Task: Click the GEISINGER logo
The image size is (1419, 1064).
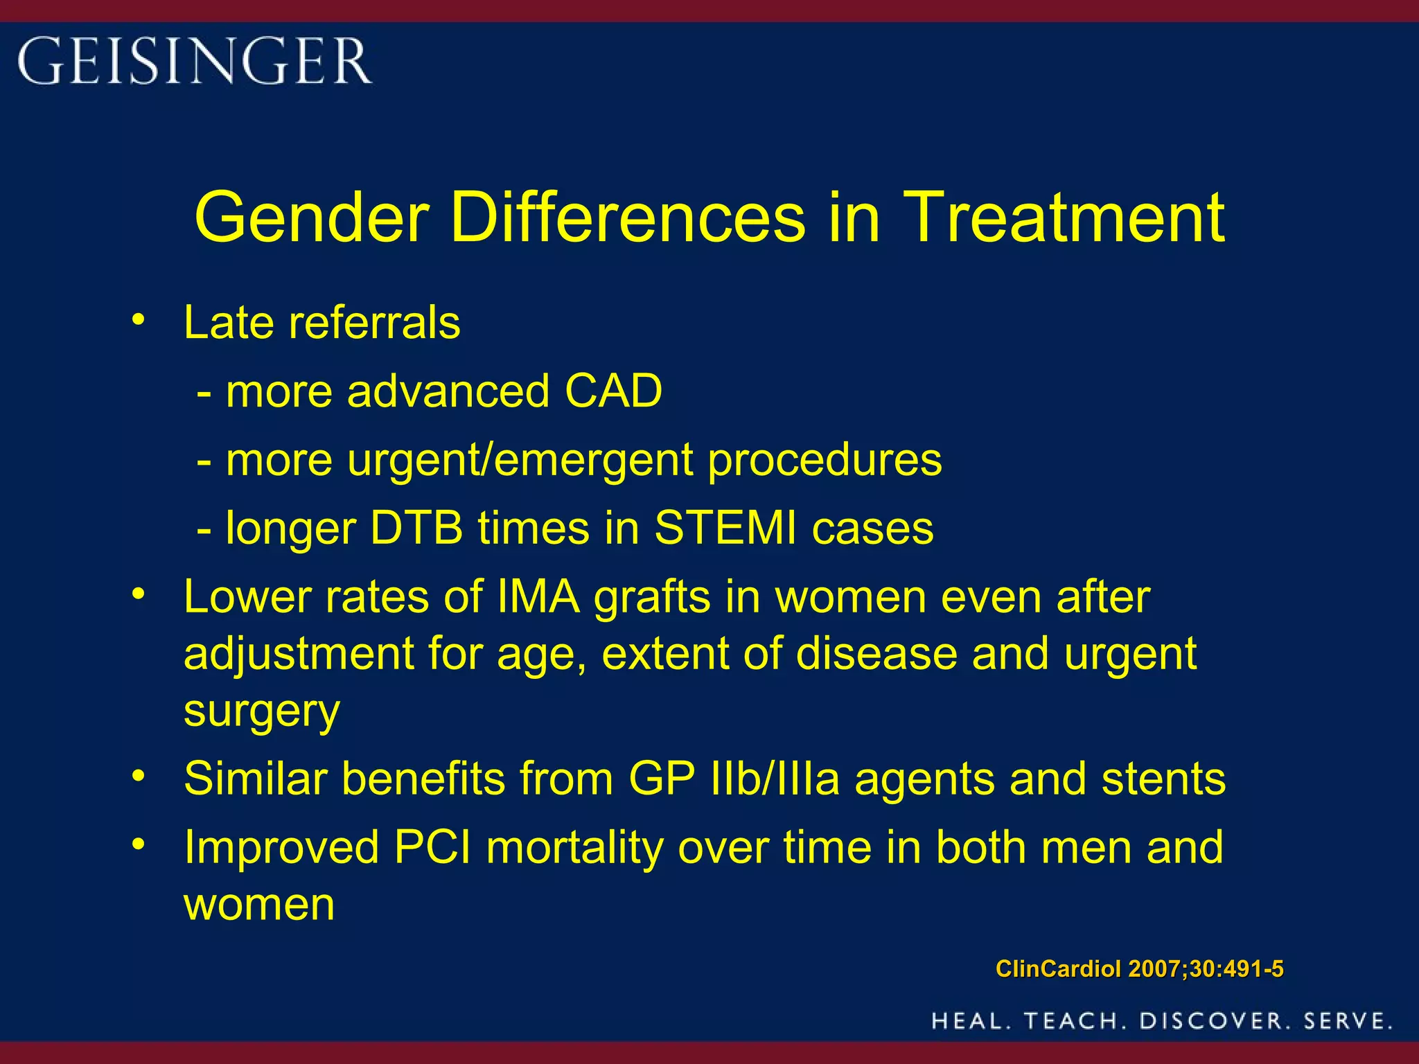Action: (194, 61)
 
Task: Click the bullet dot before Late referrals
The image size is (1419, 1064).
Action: (139, 320)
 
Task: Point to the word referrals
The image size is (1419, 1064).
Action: (374, 323)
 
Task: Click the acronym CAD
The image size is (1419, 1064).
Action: (613, 391)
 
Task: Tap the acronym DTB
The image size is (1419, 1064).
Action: (416, 529)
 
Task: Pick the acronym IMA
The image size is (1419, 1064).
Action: (538, 597)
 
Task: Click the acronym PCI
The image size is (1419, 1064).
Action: (432, 847)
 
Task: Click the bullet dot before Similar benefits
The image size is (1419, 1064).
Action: (139, 776)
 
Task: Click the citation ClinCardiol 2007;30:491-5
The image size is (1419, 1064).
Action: (1139, 968)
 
